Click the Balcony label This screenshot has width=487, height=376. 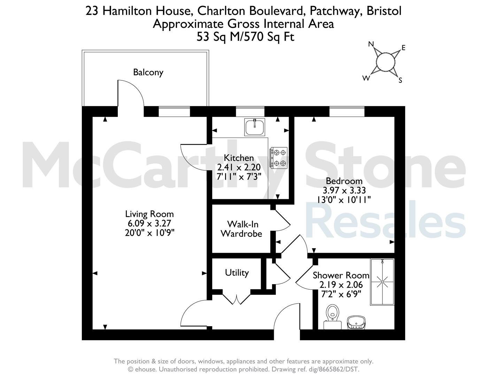[x=148, y=72]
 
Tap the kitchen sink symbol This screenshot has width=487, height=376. [x=254, y=127]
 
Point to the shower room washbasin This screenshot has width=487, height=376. [x=356, y=322]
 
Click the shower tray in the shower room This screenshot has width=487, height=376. [x=382, y=282]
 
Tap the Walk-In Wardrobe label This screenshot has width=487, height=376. [x=242, y=229]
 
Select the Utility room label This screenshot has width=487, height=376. [x=237, y=273]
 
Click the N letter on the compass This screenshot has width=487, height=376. [x=371, y=44]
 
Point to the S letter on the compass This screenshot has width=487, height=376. [x=400, y=80]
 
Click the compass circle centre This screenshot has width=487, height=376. [x=386, y=62]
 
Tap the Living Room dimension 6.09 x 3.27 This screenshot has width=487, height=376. [x=149, y=224]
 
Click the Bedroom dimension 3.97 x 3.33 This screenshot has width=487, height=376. [x=344, y=190]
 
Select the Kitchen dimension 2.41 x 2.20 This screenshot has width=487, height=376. [x=239, y=167]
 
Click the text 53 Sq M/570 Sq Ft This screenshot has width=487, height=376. [x=245, y=37]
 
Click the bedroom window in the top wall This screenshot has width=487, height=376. [x=347, y=111]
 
